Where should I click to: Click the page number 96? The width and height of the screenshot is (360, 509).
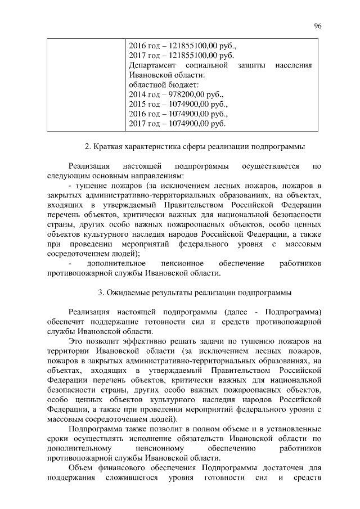click(318, 26)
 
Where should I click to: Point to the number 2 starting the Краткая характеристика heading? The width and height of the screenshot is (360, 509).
click(87, 147)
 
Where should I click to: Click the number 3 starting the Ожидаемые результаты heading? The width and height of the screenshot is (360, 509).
click(100, 292)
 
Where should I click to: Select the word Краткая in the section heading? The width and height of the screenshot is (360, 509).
click(107, 147)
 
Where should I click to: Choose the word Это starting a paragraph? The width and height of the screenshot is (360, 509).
click(76, 341)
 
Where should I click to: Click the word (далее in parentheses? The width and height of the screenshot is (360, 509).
click(234, 312)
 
